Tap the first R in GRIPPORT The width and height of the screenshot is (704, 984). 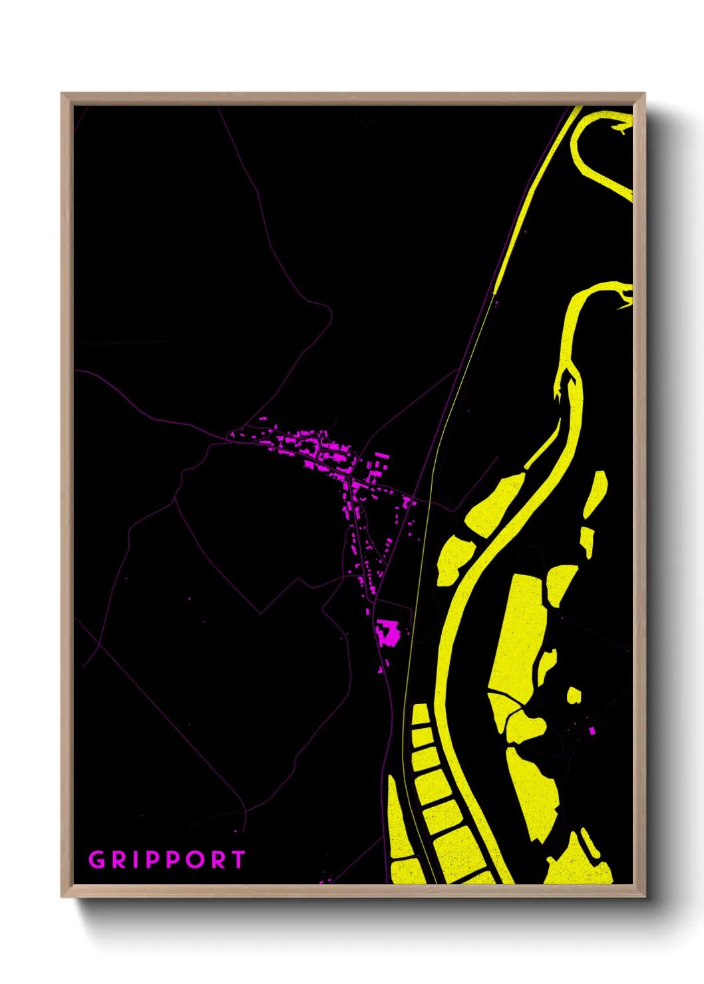pyautogui.click(x=118, y=860)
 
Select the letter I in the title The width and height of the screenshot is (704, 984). pyautogui.click(x=134, y=860)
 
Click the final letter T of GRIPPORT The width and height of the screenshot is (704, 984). pyautogui.click(x=238, y=860)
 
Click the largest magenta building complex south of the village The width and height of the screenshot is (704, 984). pyautogui.click(x=387, y=633)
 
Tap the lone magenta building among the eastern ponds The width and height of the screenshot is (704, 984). pyautogui.click(x=592, y=731)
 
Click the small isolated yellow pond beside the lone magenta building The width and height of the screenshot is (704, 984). pyautogui.click(x=574, y=695)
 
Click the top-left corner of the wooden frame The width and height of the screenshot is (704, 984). pyautogui.click(x=63, y=94)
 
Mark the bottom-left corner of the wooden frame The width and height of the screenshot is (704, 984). pyautogui.click(x=63, y=896)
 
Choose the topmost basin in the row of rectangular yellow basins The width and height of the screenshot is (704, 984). pyautogui.click(x=420, y=715)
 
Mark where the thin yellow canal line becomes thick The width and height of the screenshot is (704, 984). pyautogui.click(x=494, y=293)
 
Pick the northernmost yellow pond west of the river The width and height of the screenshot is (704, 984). pyautogui.click(x=493, y=504)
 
